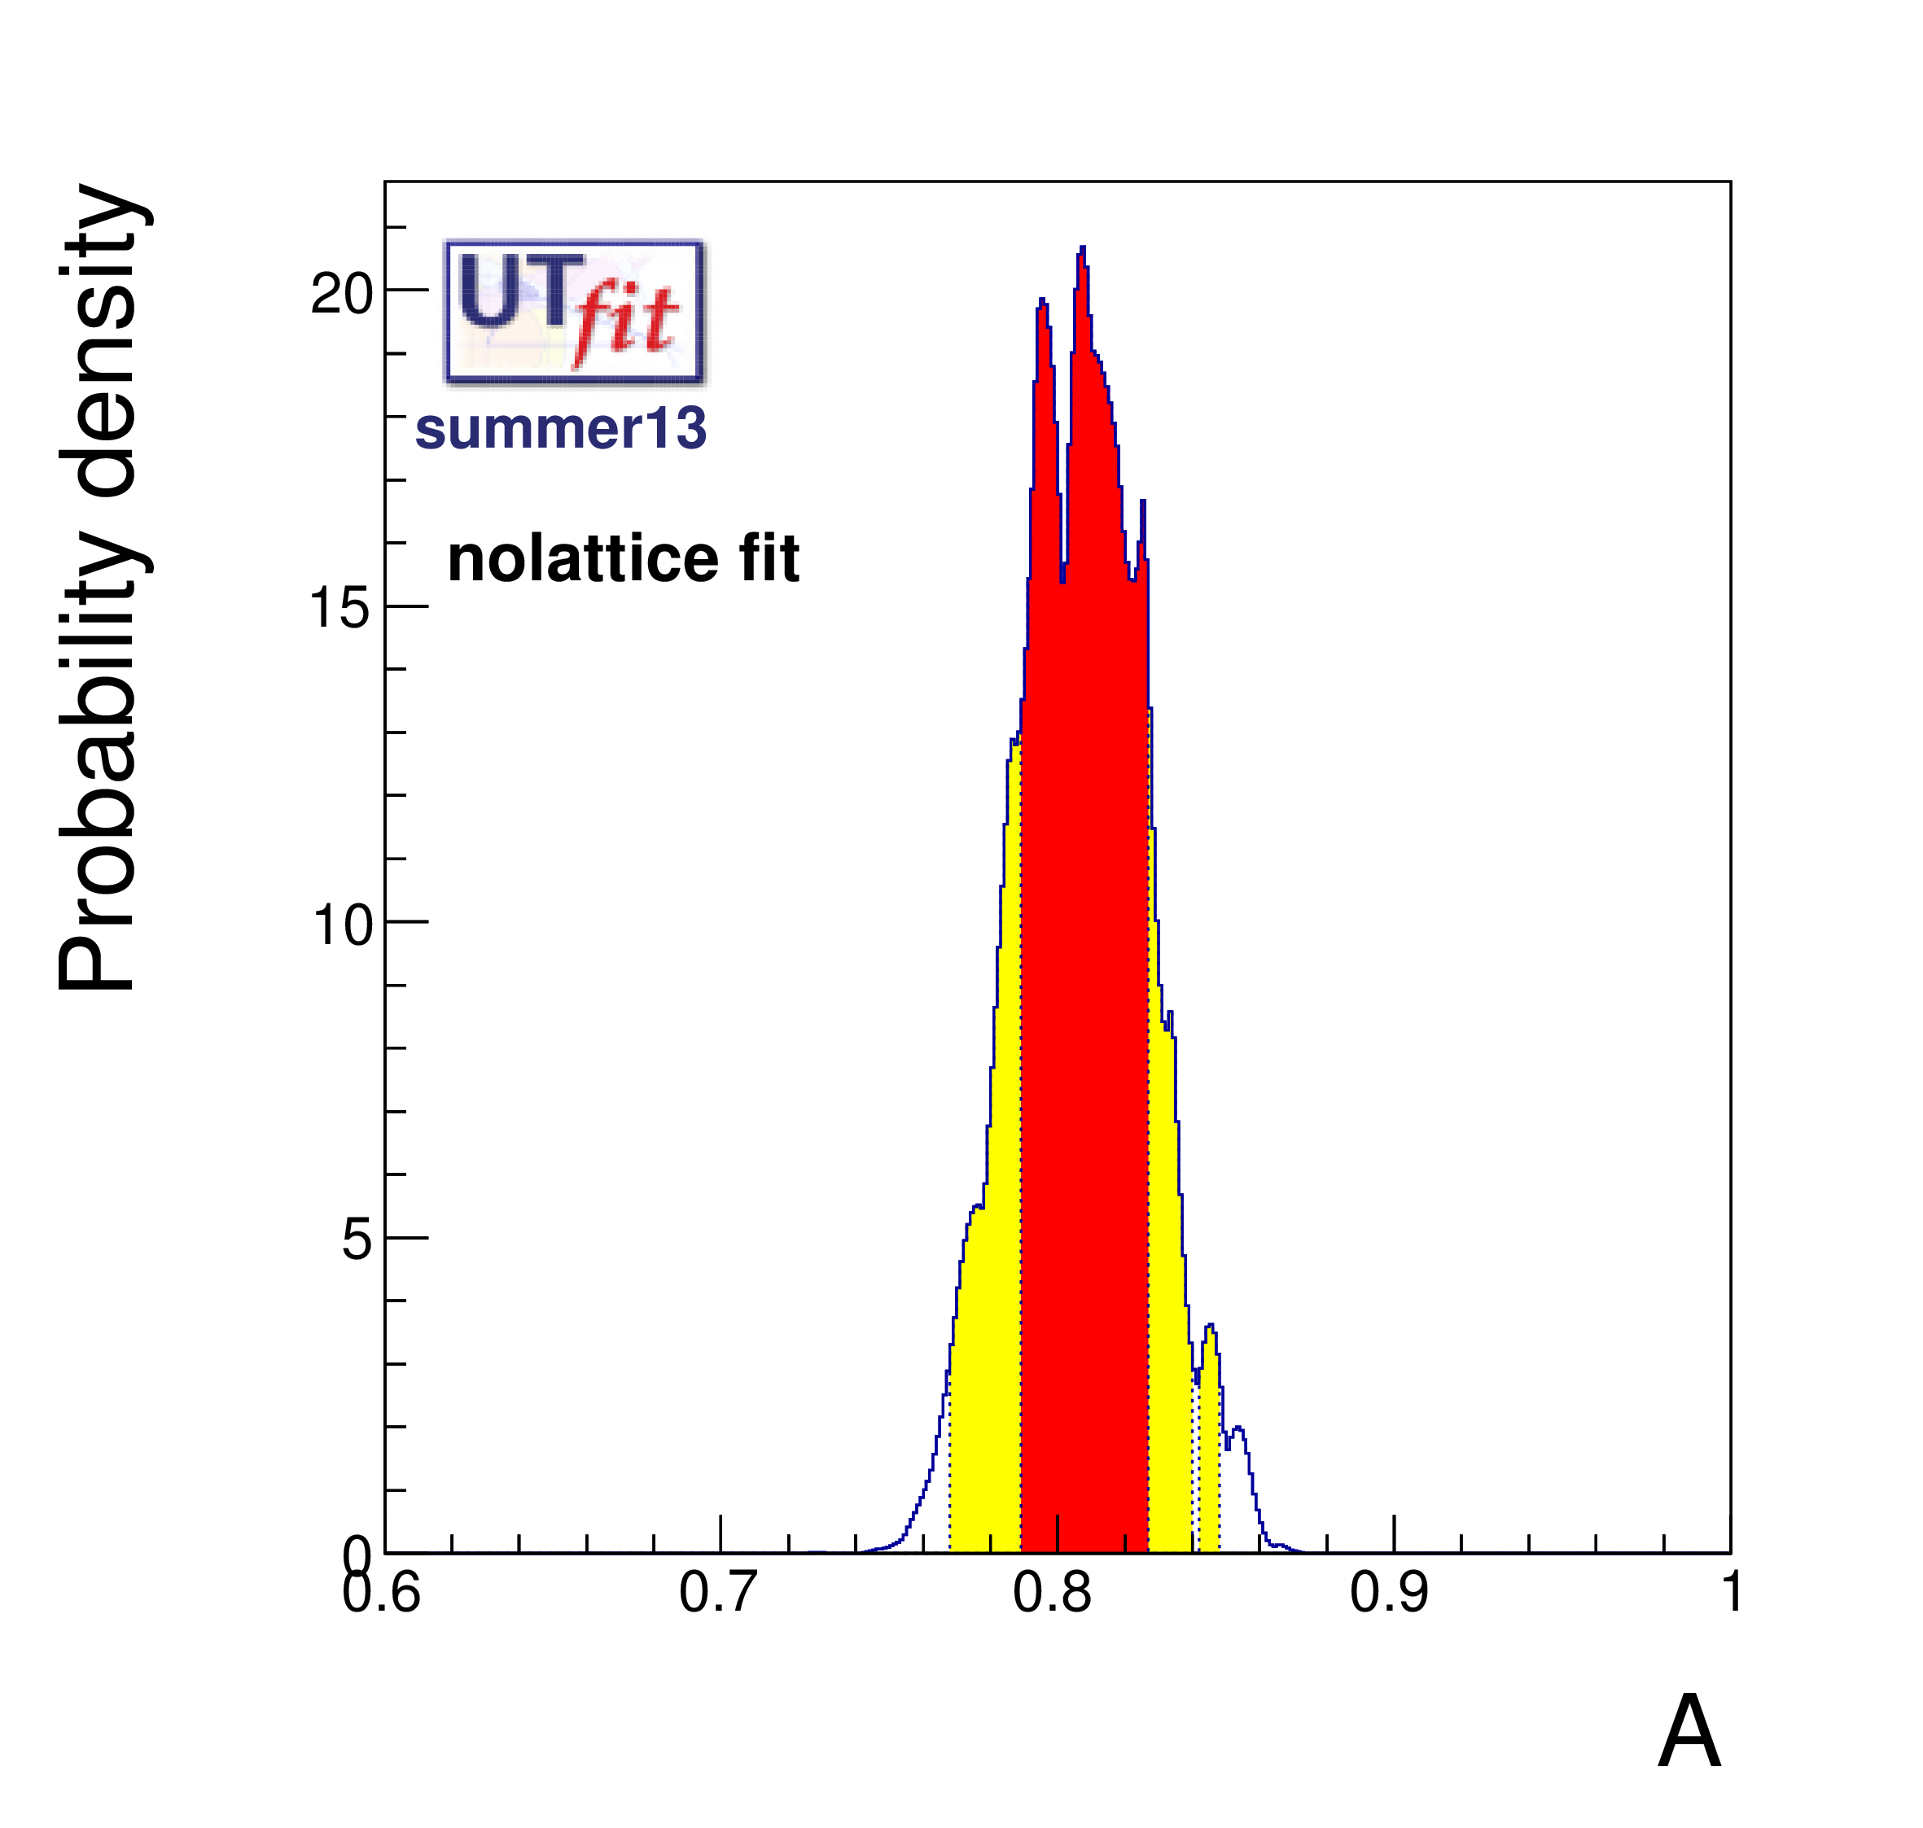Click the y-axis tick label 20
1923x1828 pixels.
click(341, 293)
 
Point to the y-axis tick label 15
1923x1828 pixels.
click(341, 609)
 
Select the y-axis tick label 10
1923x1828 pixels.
click(342, 925)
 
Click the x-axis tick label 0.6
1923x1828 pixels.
click(381, 1594)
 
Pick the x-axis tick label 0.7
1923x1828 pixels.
click(717, 1594)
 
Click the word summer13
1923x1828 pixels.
click(560, 429)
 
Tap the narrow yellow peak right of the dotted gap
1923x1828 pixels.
click(1210, 1413)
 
